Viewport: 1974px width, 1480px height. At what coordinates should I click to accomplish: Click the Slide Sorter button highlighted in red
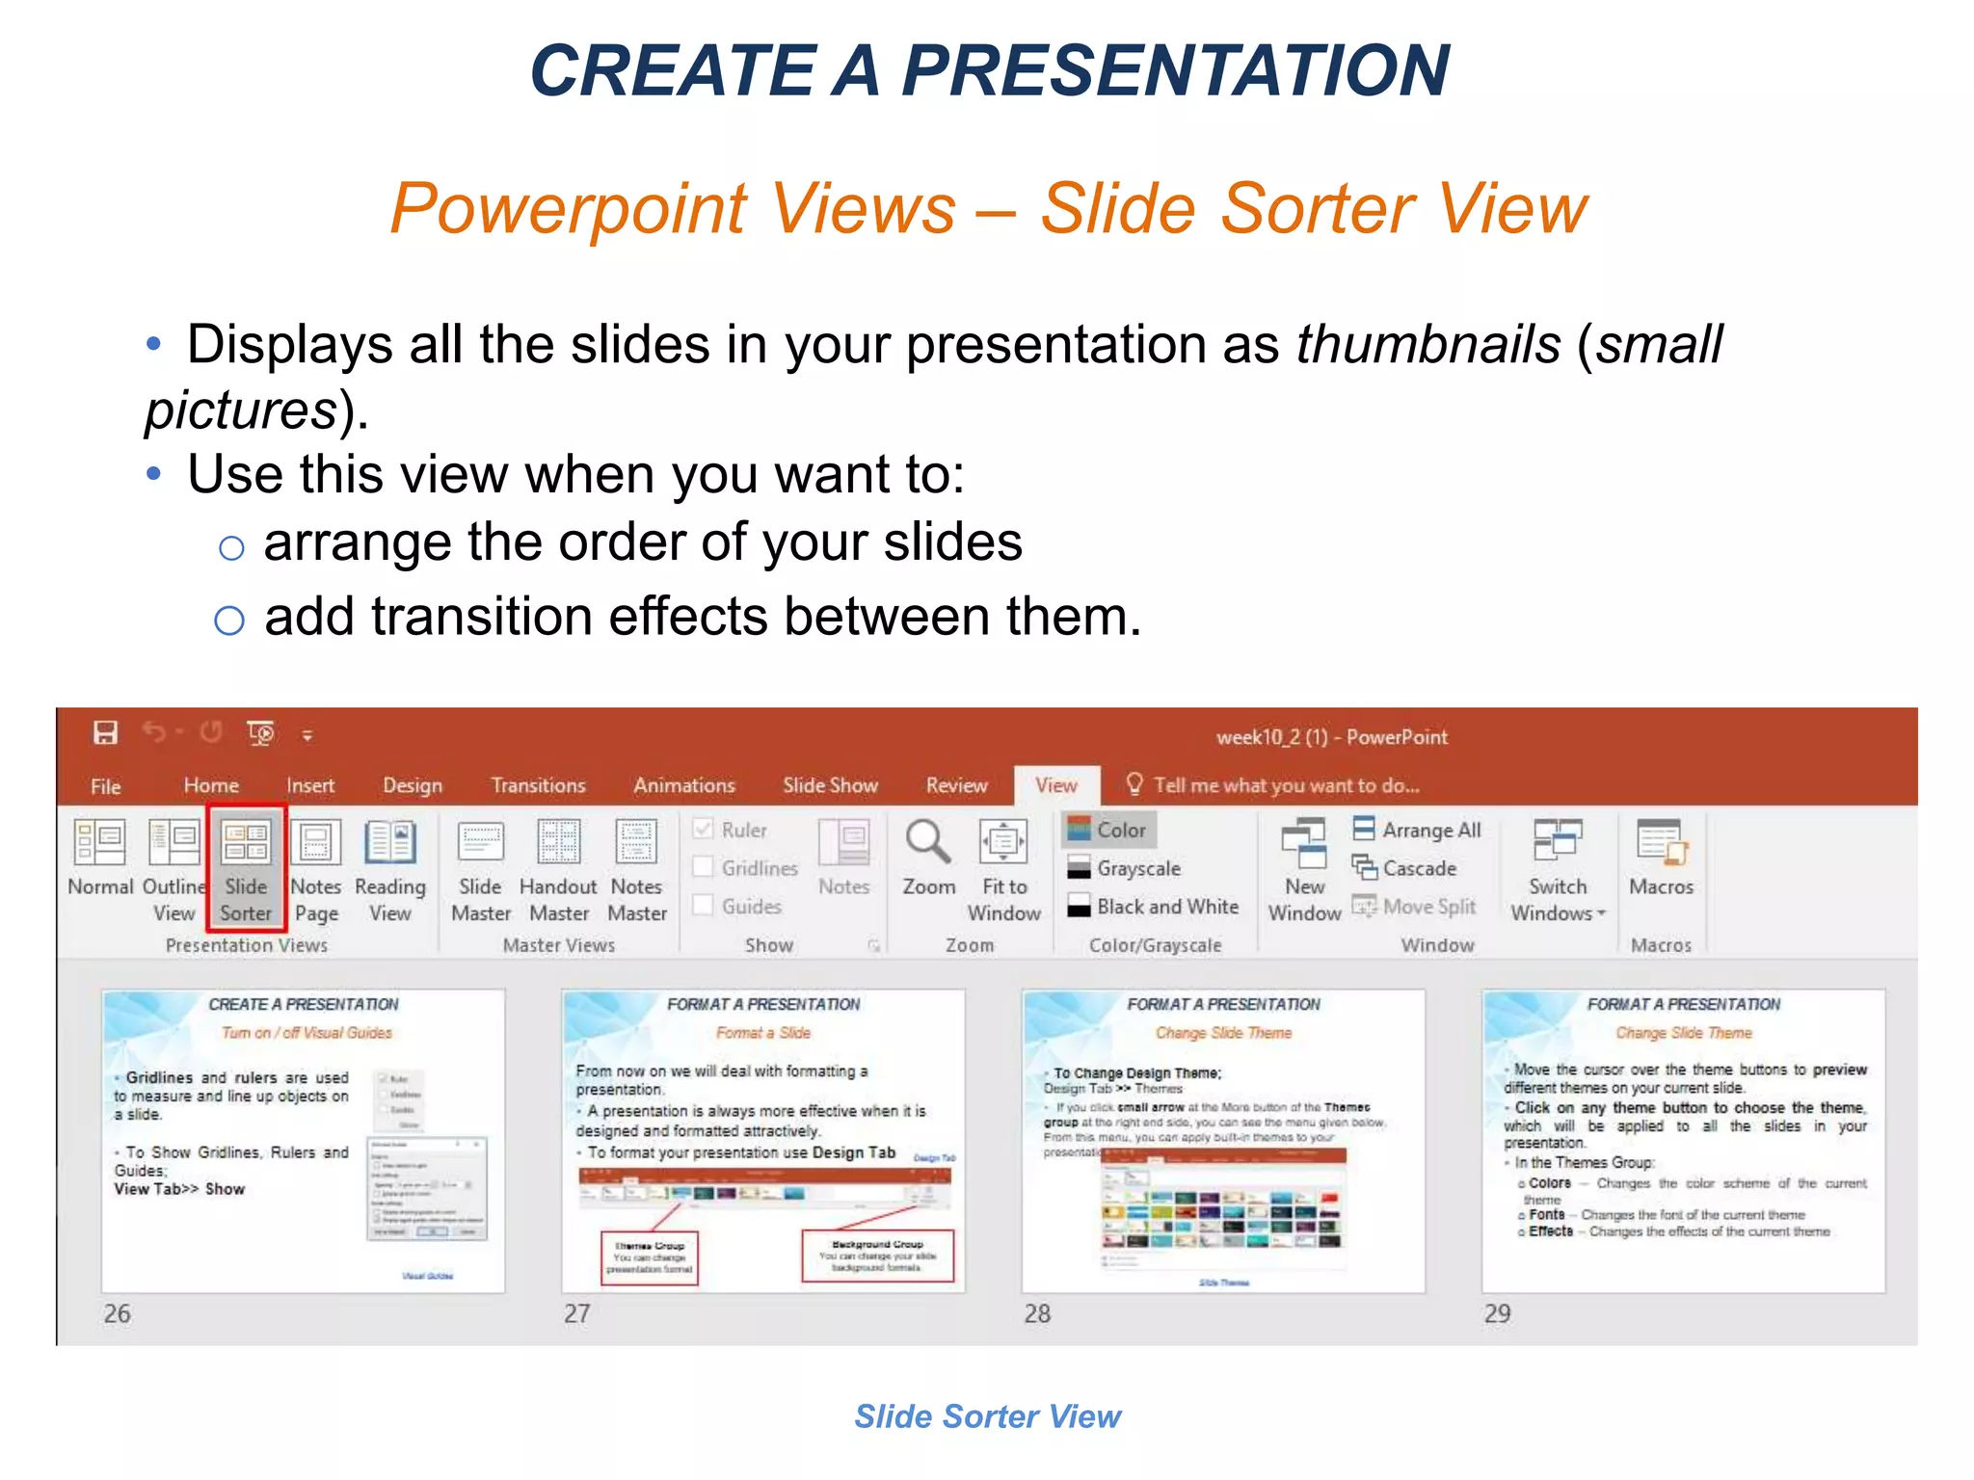pos(246,867)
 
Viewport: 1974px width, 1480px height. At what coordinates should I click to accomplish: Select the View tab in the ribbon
pos(1055,785)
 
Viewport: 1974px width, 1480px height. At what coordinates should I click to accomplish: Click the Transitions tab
pos(538,785)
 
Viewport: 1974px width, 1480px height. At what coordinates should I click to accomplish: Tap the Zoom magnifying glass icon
pos(927,842)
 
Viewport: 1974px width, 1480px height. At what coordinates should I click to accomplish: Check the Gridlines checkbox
pos(704,868)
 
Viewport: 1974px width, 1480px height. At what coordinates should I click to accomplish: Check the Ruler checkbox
pos(704,830)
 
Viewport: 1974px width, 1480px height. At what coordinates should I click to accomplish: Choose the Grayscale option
pos(1137,868)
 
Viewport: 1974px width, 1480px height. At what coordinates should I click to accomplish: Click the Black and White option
pos(1166,907)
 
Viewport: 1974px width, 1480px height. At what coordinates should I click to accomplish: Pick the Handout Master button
pos(558,867)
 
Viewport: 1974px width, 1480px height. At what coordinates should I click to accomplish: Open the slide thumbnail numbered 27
pos(762,1141)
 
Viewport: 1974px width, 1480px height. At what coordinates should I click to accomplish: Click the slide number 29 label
pos(1497,1313)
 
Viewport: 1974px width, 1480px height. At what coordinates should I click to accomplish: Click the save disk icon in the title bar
pos(105,733)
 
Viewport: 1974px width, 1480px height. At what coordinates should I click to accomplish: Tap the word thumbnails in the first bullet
pos(1427,344)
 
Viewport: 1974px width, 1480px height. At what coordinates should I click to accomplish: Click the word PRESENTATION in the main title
pos(1175,71)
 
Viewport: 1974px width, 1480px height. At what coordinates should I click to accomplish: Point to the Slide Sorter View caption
pos(987,1416)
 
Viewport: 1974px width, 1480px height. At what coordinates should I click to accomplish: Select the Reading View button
pos(389,867)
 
